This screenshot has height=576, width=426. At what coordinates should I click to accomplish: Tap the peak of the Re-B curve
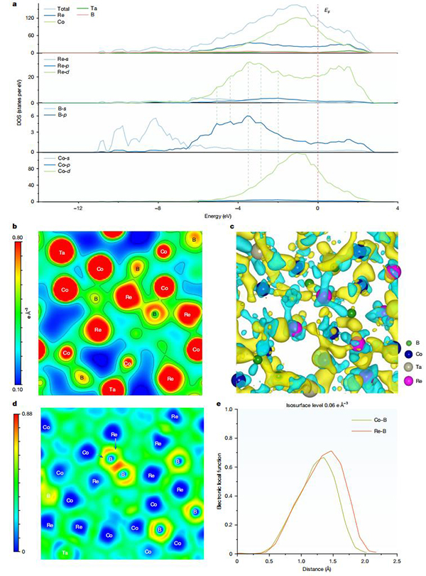coord(330,451)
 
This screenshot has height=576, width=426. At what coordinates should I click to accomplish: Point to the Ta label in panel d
coord(65,552)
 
